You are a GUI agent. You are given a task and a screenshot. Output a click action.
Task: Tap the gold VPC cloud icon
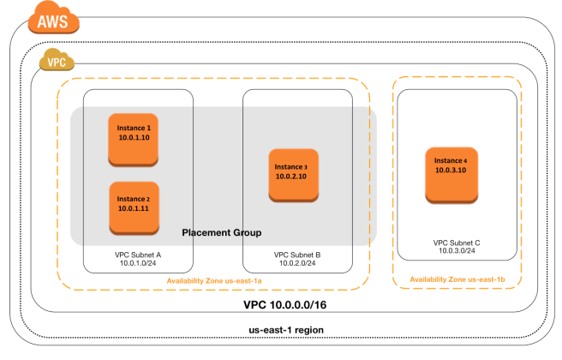[x=57, y=62]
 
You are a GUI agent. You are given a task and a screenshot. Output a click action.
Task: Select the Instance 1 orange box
[x=133, y=138]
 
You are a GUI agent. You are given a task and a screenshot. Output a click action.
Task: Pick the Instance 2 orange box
[x=133, y=207]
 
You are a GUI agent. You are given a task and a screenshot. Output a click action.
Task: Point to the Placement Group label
[x=221, y=232]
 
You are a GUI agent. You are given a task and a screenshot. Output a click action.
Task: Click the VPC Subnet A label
[x=138, y=255]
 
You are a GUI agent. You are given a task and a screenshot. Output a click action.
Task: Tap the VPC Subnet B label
[x=297, y=255]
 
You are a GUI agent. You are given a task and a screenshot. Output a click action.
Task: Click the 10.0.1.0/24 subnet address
[x=138, y=265]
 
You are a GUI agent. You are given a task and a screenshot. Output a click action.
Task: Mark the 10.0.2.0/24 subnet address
[x=297, y=265]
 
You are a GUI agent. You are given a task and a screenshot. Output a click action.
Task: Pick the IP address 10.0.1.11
[x=134, y=207]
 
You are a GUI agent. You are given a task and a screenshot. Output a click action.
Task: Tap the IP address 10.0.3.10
[x=451, y=171]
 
